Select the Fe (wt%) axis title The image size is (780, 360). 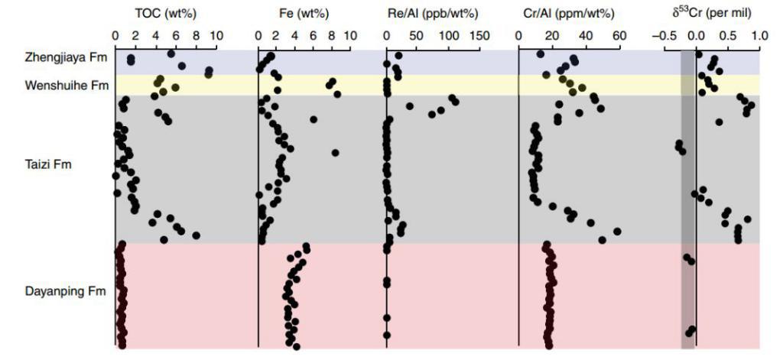[x=304, y=13]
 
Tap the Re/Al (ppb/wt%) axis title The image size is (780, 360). [x=433, y=13]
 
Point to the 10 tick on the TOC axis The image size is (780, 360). [x=215, y=35]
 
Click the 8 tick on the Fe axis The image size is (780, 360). [x=332, y=35]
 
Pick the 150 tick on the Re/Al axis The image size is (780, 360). [x=480, y=35]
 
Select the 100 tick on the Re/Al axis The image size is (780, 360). [x=449, y=35]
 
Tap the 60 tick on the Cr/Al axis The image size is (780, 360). [x=618, y=35]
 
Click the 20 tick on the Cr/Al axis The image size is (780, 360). [x=552, y=35]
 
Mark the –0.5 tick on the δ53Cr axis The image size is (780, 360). [x=662, y=35]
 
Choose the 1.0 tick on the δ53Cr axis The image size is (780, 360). [x=759, y=35]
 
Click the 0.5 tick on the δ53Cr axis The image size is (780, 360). [x=728, y=35]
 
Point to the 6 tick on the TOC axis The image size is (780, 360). [x=175, y=35]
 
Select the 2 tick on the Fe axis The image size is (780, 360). [x=276, y=35]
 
